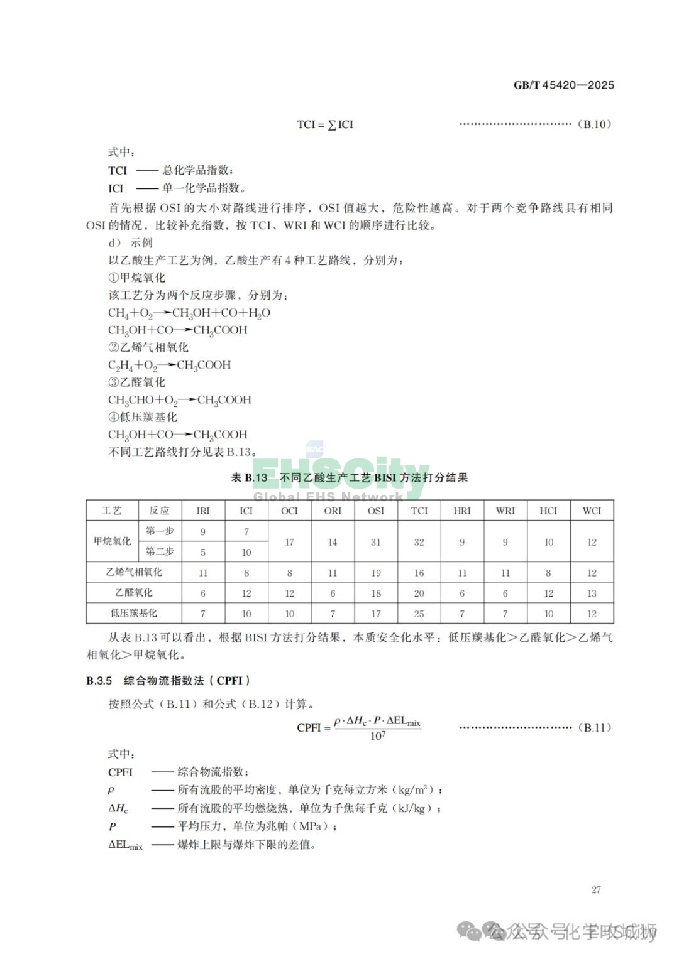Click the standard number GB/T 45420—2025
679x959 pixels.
tap(563, 85)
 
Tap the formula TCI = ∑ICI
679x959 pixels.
tap(325, 124)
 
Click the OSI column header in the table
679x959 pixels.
tap(375, 511)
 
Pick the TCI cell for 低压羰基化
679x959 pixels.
tap(419, 614)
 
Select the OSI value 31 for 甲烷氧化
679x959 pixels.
tap(375, 542)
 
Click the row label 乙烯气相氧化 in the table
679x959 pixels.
tap(133, 572)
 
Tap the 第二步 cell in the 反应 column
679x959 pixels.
tap(160, 551)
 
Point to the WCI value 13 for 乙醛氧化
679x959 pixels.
tap(592, 593)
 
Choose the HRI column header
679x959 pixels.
tap(461, 511)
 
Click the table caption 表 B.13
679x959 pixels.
tap(250, 478)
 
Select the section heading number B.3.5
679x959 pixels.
tap(99, 680)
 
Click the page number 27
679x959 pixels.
tap(596, 889)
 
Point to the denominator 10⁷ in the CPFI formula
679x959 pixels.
tap(377, 736)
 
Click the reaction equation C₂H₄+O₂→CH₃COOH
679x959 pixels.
tap(169, 365)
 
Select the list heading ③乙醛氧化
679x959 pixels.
tap(136, 382)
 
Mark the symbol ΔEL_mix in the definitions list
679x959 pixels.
tap(125, 845)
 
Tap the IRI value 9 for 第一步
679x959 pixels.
tap(202, 531)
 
